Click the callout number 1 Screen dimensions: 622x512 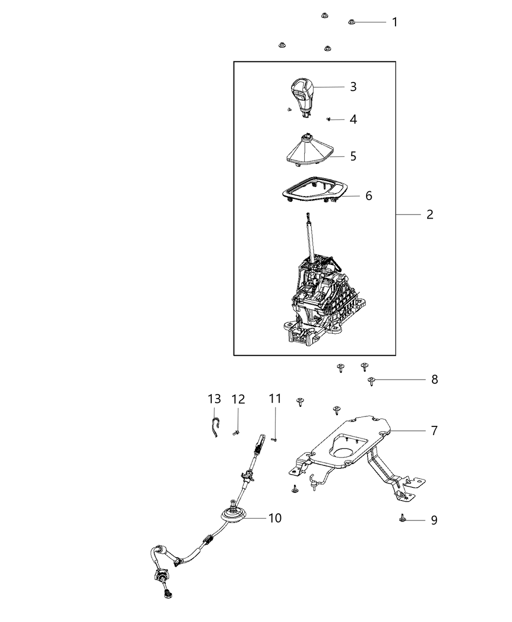[x=394, y=22]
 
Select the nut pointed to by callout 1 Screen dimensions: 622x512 [x=351, y=22]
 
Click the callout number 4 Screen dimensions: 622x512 [x=353, y=119]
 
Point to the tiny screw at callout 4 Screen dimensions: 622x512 [x=329, y=119]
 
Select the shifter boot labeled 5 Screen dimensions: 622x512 [x=307, y=151]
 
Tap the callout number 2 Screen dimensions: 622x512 [x=430, y=214]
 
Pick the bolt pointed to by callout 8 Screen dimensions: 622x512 [x=371, y=381]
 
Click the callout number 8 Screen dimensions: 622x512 [x=434, y=379]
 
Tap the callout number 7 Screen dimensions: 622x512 [x=434, y=430]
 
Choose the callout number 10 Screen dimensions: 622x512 [x=275, y=518]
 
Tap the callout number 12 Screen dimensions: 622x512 [x=238, y=399]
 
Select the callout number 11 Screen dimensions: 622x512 [x=275, y=399]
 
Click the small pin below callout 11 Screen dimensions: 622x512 [x=275, y=440]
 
